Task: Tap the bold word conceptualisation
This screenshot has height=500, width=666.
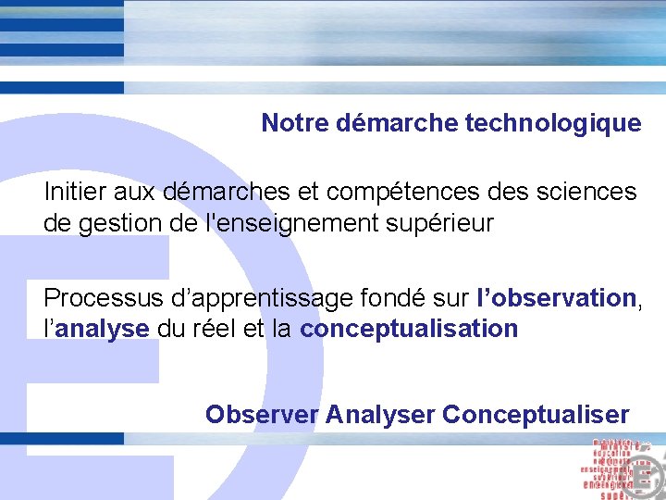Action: coord(409,328)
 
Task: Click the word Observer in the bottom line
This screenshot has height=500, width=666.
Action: coord(262,414)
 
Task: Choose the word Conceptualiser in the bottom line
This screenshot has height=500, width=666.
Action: coord(536,414)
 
